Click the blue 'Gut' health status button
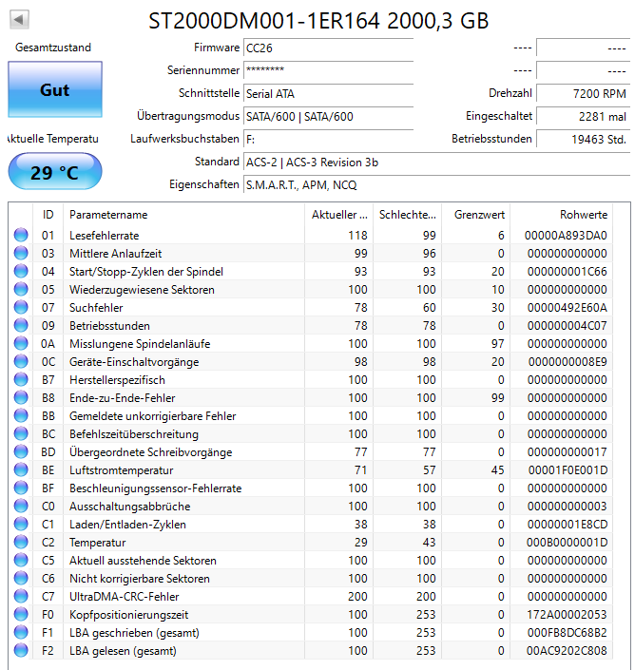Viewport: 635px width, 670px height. pyautogui.click(x=54, y=90)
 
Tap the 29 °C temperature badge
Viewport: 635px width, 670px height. pyautogui.click(x=54, y=172)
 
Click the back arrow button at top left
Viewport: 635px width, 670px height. pyautogui.click(x=20, y=19)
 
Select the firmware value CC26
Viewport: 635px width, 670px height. pyautogui.click(x=257, y=48)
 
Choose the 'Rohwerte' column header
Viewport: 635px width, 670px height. pyautogui.click(x=584, y=215)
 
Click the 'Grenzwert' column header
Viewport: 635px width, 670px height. pyautogui.click(x=479, y=215)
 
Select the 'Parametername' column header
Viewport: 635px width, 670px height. pyautogui.click(x=108, y=215)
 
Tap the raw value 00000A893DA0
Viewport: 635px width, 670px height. pyautogui.click(x=566, y=235)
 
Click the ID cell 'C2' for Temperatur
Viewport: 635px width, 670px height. pyautogui.click(x=48, y=543)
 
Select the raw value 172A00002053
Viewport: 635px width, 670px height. pyautogui.click(x=566, y=615)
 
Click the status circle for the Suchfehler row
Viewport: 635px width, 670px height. pyautogui.click(x=21, y=308)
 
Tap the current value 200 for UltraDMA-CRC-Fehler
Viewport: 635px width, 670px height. pyautogui.click(x=357, y=597)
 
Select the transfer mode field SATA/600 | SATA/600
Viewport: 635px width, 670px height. pyautogui.click(x=299, y=116)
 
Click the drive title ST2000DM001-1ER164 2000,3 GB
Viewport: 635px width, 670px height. pyautogui.click(x=319, y=20)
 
